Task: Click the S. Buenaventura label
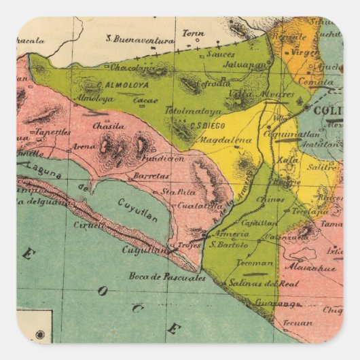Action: point(143,41)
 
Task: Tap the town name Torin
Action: point(193,33)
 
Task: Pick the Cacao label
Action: point(145,101)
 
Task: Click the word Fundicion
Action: point(164,158)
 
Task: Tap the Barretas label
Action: point(150,175)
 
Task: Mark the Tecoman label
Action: point(258,263)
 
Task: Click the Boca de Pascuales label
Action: point(166,276)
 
